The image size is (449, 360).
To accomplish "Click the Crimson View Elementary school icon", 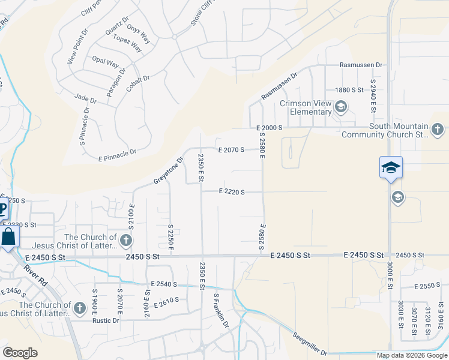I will (341, 107).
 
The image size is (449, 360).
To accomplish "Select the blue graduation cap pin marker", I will (390, 167).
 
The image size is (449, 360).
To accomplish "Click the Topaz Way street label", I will (127, 43).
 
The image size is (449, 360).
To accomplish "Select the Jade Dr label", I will (86, 97).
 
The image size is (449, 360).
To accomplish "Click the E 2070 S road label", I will (231, 149).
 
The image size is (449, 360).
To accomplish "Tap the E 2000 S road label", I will (269, 128).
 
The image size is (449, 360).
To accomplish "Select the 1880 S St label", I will (350, 89).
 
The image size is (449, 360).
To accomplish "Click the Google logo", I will (20, 353).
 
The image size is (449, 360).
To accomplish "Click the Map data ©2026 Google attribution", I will (412, 355).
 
